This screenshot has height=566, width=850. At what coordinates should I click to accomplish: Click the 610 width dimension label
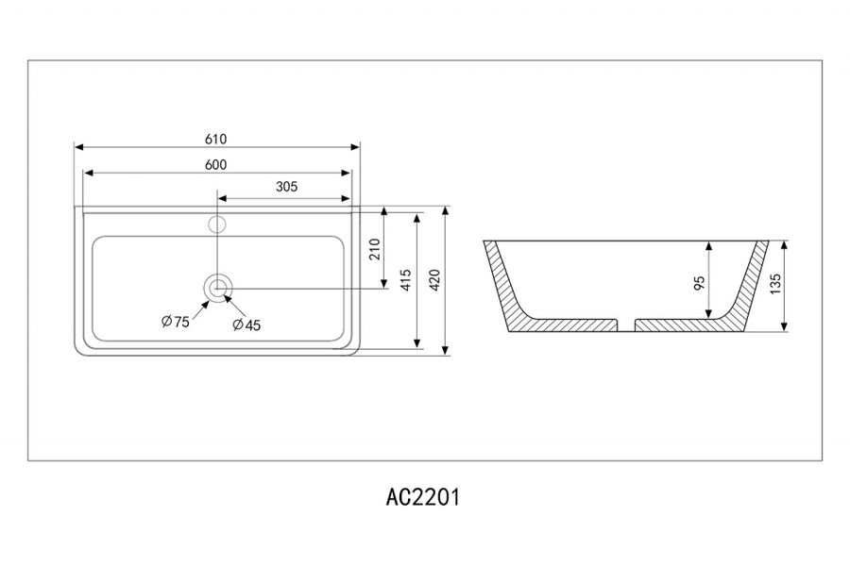click(x=215, y=139)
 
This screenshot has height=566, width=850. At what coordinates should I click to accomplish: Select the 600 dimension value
click(x=215, y=164)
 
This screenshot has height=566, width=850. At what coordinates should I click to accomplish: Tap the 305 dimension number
click(x=286, y=187)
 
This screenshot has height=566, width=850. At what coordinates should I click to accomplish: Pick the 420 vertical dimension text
click(x=435, y=280)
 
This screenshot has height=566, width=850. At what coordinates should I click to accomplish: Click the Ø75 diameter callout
click(x=175, y=322)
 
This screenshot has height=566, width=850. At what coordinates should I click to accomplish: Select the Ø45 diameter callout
click(x=246, y=325)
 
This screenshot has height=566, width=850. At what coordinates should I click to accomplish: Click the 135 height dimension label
click(x=775, y=285)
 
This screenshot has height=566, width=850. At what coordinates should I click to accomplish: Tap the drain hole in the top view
click(x=218, y=286)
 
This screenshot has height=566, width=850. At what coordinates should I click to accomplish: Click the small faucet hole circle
click(x=217, y=225)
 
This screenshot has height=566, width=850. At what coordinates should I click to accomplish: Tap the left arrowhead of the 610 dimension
click(x=79, y=148)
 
